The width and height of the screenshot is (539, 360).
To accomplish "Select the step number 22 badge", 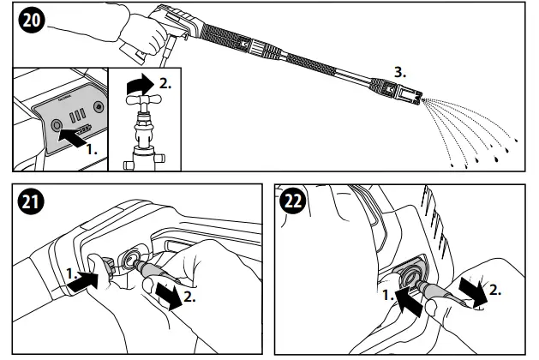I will (x=295, y=204).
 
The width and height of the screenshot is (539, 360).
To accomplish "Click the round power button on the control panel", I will (x=57, y=125).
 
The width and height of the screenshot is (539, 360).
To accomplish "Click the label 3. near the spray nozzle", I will (x=400, y=69).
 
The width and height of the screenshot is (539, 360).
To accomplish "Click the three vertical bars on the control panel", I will (x=77, y=114).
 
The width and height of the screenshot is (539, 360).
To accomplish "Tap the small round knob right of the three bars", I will (x=100, y=110).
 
